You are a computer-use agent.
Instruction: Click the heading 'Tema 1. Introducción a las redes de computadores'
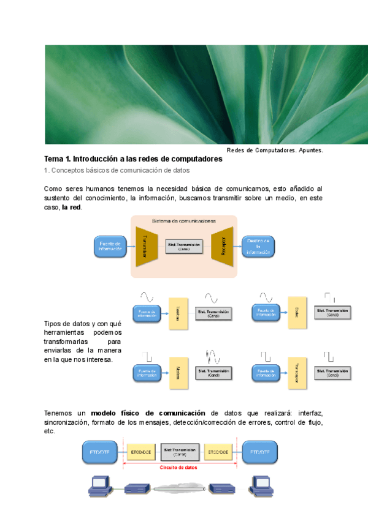tap(133, 159)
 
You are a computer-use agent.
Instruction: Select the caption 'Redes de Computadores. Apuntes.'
tap(275, 150)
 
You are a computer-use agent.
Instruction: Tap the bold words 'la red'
tap(72, 207)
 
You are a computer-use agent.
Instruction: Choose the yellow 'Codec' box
tap(296, 313)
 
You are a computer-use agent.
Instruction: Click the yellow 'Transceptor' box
tap(296, 373)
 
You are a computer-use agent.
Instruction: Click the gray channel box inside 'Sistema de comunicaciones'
tap(184, 247)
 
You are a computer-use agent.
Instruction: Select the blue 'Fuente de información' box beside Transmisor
tap(110, 247)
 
